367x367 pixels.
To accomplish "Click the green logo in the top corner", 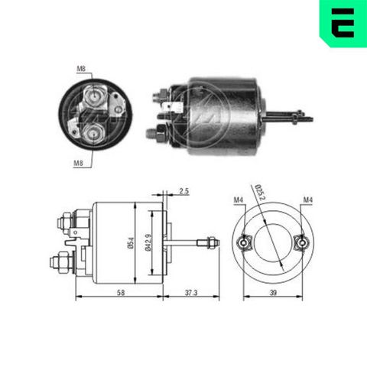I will (342, 22).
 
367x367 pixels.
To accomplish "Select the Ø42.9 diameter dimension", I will (152, 244).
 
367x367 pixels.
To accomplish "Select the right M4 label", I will (308, 201).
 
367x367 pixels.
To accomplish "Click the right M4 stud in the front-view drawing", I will (301, 242).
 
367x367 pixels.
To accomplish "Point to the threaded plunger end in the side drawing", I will (206, 243).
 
